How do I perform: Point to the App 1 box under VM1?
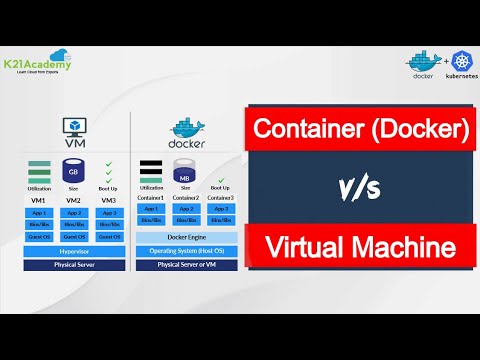pos(40,212)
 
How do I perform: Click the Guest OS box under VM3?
pos(107,237)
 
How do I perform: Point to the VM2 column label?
pos(73,200)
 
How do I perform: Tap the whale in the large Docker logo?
pos(186,127)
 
